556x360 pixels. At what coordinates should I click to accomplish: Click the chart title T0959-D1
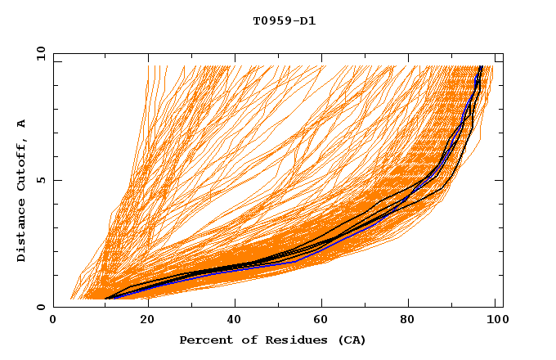284,20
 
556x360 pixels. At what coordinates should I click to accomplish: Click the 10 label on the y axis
38,53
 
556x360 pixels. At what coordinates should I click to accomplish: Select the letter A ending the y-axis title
21,124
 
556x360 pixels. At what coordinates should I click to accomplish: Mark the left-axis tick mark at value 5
56,180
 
